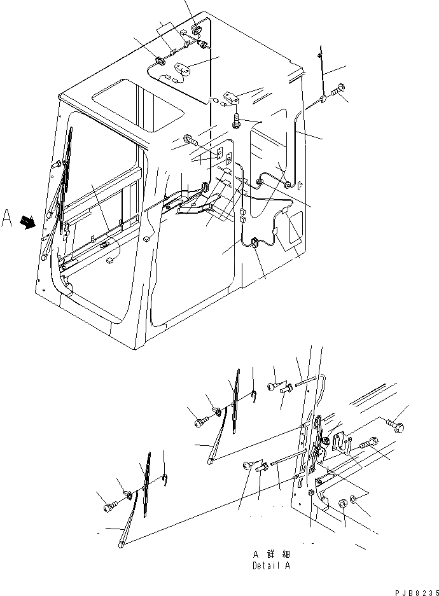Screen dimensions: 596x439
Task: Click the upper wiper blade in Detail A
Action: pos(235,401)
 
